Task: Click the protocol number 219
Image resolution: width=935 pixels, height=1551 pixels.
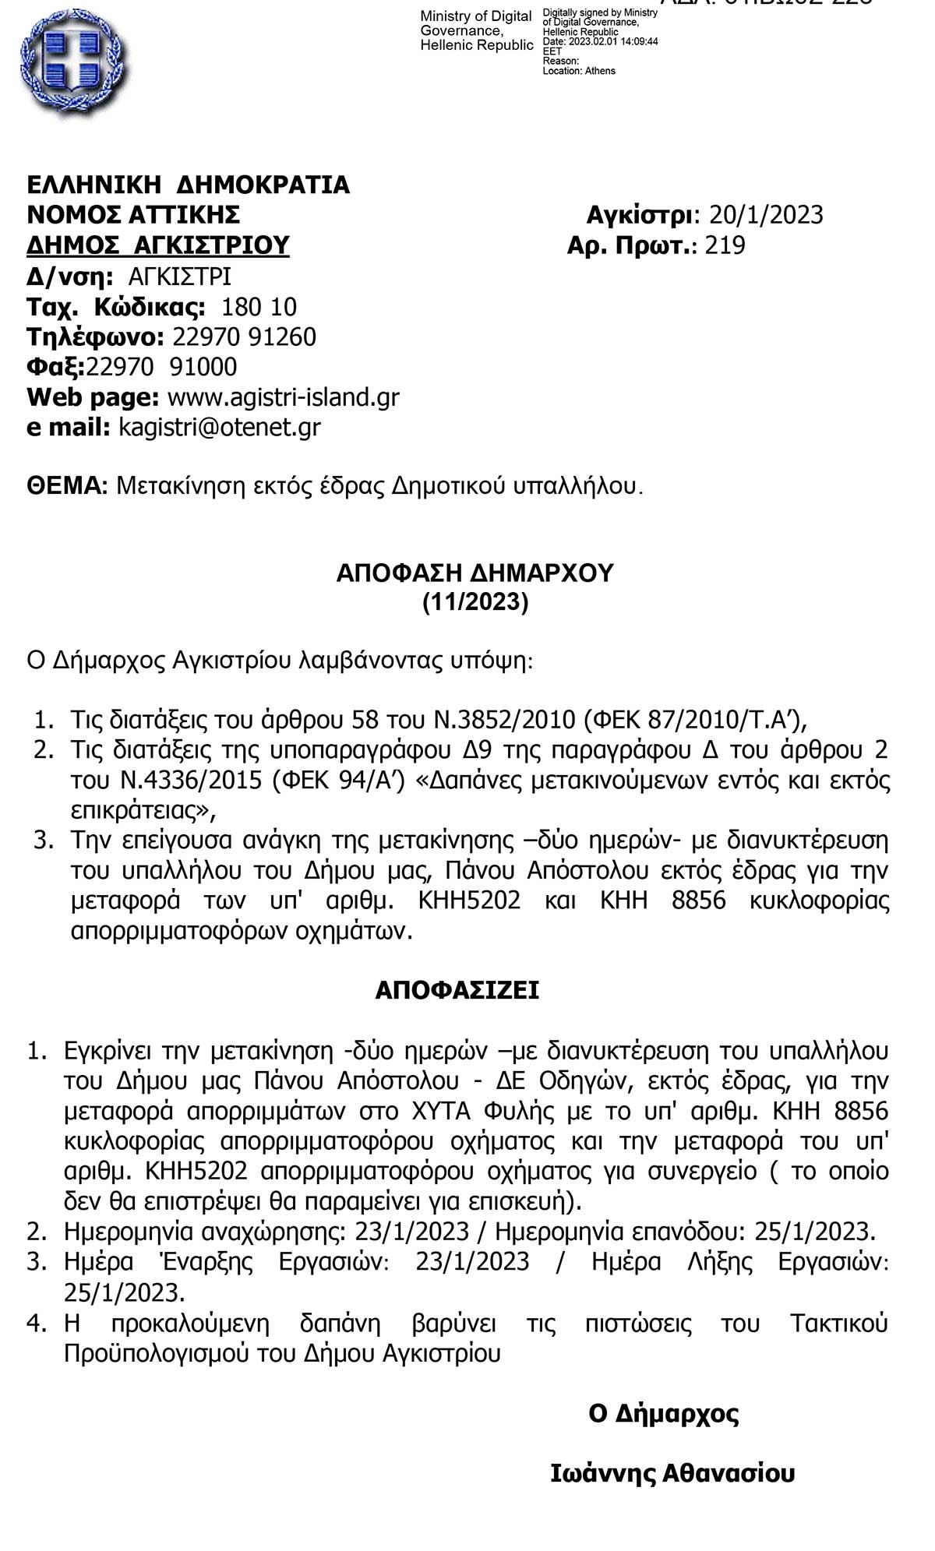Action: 725,245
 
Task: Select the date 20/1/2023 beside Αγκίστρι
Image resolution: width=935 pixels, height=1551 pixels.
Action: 764,215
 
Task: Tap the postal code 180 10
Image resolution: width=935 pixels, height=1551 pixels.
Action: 259,307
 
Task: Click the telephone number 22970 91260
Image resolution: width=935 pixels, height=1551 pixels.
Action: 244,337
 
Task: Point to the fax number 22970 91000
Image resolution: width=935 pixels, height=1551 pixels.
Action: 161,367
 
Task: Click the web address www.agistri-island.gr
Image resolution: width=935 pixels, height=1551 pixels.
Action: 284,397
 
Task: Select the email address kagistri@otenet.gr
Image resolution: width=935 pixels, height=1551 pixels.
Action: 219,428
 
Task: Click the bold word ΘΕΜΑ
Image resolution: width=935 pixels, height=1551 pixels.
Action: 66,487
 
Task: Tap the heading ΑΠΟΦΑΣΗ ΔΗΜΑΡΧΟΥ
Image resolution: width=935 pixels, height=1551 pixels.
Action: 475,573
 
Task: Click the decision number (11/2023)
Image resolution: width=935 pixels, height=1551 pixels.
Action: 475,603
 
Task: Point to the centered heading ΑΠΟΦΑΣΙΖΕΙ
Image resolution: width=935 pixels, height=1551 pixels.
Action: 457,990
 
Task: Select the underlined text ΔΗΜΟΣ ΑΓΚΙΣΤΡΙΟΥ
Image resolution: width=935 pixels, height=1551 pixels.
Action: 158,245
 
